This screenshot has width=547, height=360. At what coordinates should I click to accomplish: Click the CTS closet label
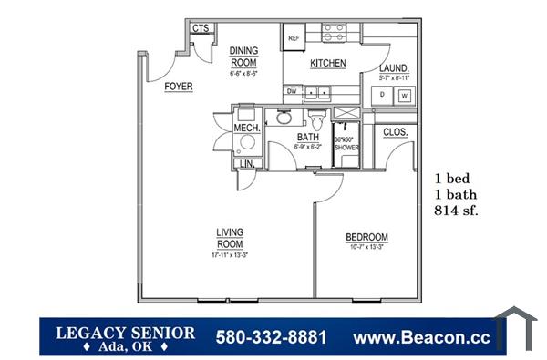pos(201,28)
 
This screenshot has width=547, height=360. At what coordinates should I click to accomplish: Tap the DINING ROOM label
pos(243,57)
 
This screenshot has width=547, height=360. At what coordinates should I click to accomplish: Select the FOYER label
pos(179,87)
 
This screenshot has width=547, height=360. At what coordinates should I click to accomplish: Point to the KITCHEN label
pos(327,63)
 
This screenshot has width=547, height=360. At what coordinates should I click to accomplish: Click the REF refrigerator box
pos(294,38)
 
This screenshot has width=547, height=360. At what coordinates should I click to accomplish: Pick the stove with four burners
pos(334,34)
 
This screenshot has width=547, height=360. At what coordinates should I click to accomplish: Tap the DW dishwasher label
pos(293,91)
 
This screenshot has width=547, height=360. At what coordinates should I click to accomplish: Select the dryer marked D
pos(381,95)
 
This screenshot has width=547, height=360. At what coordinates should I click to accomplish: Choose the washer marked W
pos(403,95)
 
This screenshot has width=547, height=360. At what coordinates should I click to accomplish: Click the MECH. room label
pos(247,129)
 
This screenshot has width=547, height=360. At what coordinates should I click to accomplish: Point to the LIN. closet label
pos(245,164)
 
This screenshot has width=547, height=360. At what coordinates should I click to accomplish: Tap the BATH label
pos(307,138)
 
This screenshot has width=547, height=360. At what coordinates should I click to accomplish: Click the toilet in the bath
pos(316,120)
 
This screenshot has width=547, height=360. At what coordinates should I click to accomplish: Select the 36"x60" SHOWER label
pos(346,144)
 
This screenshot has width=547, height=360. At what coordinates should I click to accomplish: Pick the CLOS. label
pos(395,132)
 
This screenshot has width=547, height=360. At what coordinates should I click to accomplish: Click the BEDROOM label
pos(366,238)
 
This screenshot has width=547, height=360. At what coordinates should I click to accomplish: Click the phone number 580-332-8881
pos(271,337)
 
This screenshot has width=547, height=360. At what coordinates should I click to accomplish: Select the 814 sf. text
pos(458,211)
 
